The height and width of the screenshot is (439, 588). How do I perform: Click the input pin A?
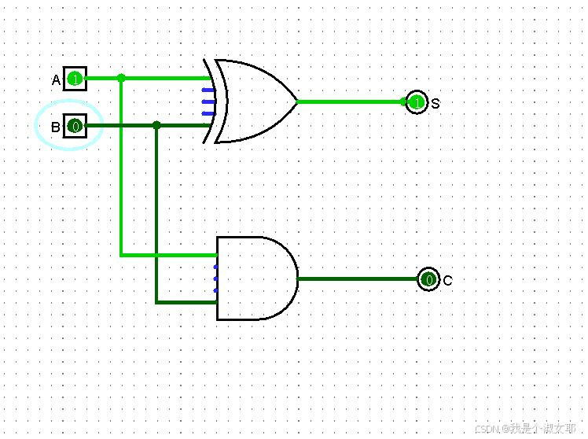pyautogui.click(x=75, y=79)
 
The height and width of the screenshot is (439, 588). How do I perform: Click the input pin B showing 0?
pyautogui.click(x=75, y=126)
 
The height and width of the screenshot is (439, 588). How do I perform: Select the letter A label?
pyautogui.click(x=56, y=80)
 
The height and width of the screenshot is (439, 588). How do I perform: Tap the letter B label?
pyautogui.click(x=56, y=127)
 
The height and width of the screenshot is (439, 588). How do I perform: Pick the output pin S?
pyautogui.click(x=417, y=102)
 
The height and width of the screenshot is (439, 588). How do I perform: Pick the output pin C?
pyautogui.click(x=428, y=279)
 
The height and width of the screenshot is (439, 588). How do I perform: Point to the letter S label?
pyautogui.click(x=435, y=103)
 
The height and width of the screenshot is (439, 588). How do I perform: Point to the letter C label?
pyautogui.click(x=447, y=280)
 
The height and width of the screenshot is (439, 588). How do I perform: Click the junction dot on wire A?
pyautogui.click(x=120, y=78)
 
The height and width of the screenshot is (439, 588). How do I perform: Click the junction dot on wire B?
pyautogui.click(x=157, y=125)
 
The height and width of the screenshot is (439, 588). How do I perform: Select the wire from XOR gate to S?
pyautogui.click(x=350, y=102)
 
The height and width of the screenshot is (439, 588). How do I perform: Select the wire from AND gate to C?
pyautogui.click(x=358, y=279)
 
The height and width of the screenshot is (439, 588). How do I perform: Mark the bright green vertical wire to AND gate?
pyautogui.click(x=120, y=173)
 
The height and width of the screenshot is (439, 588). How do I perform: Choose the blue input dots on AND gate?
pyautogui.click(x=215, y=279)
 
